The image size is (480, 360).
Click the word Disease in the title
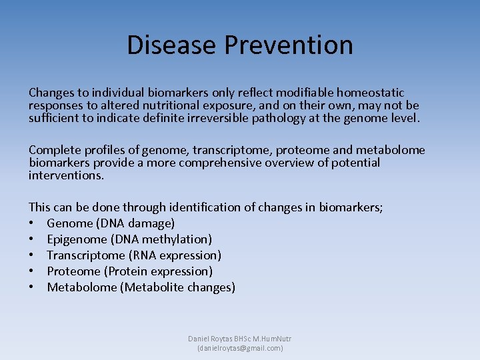pos(171,45)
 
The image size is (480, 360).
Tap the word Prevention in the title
pos(289,45)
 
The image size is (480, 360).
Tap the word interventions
pos(66,175)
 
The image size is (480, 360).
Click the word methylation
pos(176,239)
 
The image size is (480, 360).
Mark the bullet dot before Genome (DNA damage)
pos(32,223)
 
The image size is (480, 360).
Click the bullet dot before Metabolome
pos(32,287)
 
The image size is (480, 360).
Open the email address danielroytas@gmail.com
pos(240,348)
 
